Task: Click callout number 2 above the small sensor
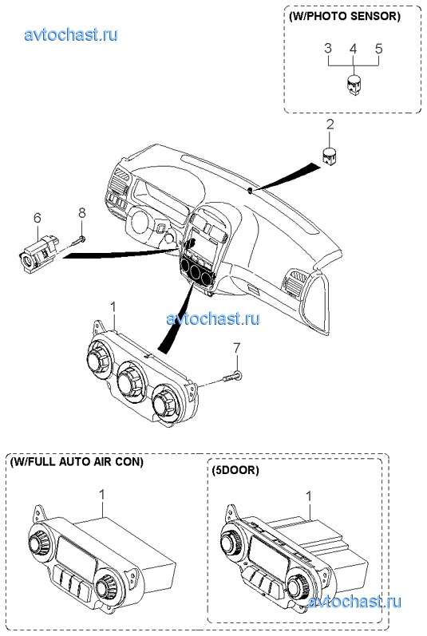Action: coord(330,124)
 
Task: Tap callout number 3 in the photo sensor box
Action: coord(328,48)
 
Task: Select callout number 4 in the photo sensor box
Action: coord(354,49)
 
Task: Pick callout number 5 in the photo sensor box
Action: coord(378,49)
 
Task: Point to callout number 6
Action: coord(38,218)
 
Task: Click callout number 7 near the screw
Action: coord(236,348)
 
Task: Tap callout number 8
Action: coord(82,212)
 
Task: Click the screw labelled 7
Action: coord(233,377)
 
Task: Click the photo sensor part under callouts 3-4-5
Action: coord(354,85)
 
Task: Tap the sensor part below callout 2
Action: coord(330,156)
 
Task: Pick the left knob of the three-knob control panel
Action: coord(100,357)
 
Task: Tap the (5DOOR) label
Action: coord(235,470)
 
